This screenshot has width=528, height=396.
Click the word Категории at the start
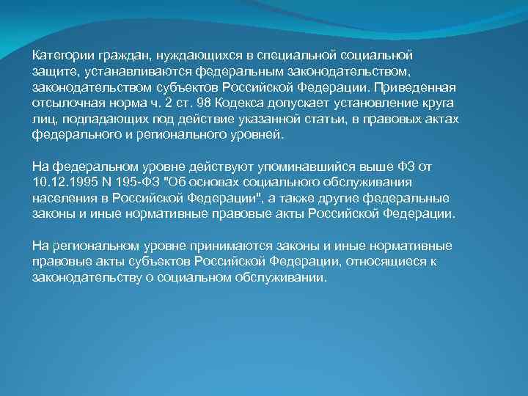pos(59,56)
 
